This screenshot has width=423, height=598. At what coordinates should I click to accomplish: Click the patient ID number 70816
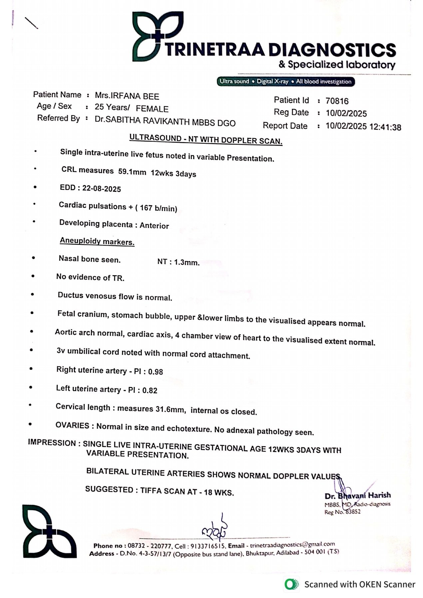337,101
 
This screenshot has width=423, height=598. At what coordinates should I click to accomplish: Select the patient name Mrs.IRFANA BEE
127,96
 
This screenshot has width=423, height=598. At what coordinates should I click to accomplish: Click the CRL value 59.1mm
132,172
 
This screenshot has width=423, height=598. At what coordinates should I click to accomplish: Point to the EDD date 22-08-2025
102,189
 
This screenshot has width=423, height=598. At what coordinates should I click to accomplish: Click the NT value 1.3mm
187,262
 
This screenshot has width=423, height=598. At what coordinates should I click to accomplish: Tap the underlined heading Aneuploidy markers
97,241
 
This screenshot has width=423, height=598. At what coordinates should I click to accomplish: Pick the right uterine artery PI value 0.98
156,372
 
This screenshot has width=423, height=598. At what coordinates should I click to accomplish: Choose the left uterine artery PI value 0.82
150,390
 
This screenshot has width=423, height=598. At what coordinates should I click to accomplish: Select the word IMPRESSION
52,443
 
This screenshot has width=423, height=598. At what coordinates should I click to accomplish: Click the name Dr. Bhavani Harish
357,496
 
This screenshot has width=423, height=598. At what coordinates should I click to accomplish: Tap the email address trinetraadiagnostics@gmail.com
292,544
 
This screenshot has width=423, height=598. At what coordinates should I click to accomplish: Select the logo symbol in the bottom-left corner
50,531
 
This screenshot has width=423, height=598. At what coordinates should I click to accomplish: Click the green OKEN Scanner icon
291,584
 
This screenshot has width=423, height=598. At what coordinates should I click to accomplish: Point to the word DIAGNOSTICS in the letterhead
332,50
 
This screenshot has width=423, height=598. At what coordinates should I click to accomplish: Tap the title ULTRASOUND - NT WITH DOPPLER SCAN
206,139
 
